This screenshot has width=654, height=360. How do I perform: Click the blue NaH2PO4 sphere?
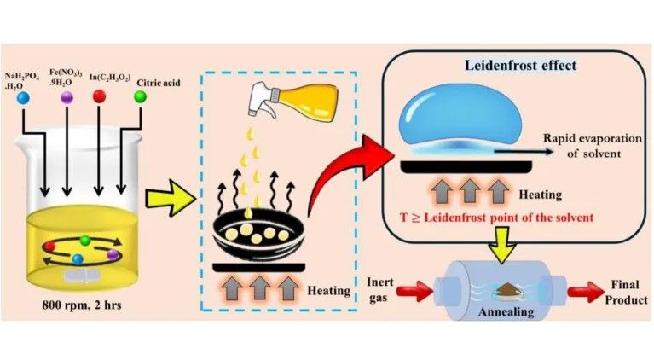click(x=23, y=98)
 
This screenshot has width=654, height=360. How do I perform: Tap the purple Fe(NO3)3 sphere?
click(x=67, y=97)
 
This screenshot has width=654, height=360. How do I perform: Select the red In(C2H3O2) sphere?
click(x=99, y=96)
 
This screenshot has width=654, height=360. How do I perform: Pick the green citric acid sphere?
click(x=140, y=97)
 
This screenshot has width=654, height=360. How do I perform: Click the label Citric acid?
click(x=159, y=83)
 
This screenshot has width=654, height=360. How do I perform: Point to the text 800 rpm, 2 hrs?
click(x=82, y=305)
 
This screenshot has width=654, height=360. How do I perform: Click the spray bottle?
click(x=292, y=101)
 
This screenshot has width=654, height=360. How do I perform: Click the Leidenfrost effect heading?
click(x=520, y=66)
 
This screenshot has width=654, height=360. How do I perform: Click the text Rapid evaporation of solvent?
click(x=592, y=146)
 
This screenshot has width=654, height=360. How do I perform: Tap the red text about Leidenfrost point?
click(x=497, y=218)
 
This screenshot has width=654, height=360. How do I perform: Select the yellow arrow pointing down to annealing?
click(x=502, y=247)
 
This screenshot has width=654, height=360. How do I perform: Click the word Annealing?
click(x=506, y=312)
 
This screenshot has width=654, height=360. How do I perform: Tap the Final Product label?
click(x=626, y=292)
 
